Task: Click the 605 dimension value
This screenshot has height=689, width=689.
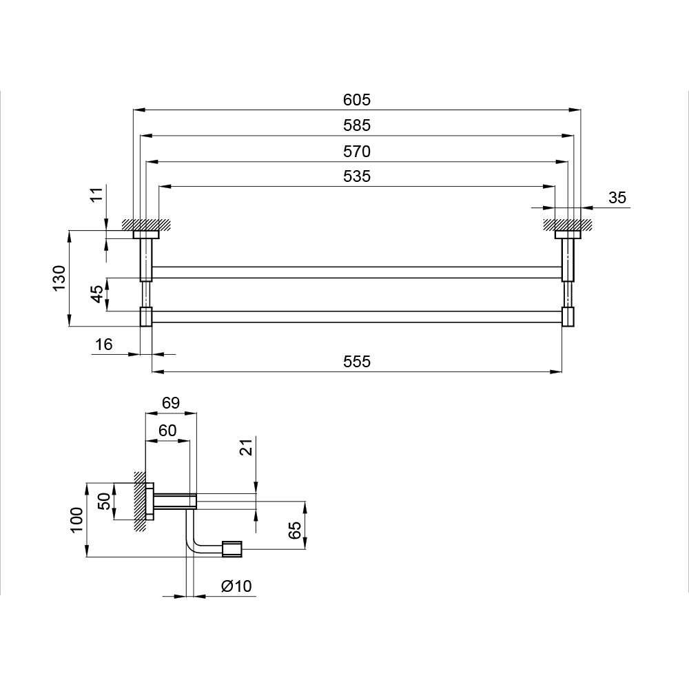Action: click(357, 100)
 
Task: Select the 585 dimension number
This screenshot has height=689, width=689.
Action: click(357, 125)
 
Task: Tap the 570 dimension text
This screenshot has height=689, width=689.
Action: click(357, 152)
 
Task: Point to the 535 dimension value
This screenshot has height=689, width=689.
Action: click(357, 176)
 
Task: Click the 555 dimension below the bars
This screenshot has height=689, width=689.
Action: click(357, 362)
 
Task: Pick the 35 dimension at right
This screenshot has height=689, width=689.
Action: click(617, 198)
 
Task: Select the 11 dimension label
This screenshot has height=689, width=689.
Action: click(96, 194)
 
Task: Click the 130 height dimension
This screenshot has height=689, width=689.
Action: click(59, 278)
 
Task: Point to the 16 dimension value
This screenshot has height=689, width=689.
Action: click(104, 344)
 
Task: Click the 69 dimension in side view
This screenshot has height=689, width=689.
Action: click(170, 403)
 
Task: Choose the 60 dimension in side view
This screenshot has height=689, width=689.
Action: click(167, 431)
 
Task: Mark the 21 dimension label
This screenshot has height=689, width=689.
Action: click(247, 447)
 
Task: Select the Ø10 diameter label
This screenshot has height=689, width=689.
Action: click(236, 586)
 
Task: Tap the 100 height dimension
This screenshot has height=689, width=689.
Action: click(77, 520)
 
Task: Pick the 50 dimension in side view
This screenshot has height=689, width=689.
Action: click(104, 502)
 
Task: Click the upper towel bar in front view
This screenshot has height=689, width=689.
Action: click(357, 272)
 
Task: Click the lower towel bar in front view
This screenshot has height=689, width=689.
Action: click(357, 317)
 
